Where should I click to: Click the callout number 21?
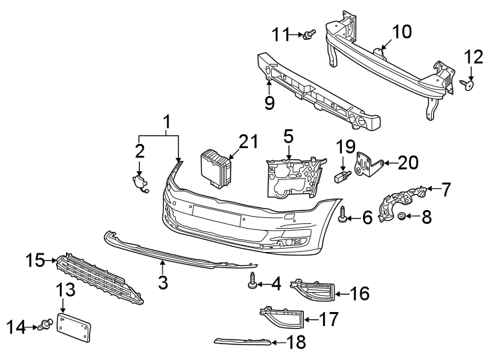coord(248,141)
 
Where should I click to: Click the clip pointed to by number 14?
coord(47,325)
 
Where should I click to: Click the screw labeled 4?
coord(252,283)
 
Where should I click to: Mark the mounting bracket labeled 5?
coord(292,176)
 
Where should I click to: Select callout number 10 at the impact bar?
coord(402,31)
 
